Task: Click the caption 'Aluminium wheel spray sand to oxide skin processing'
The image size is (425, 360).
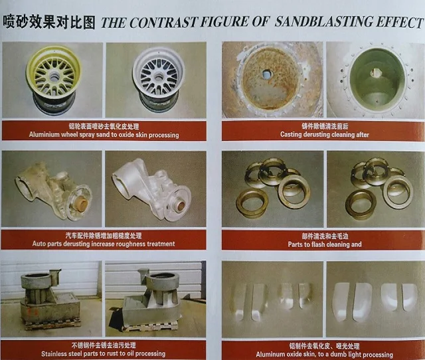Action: click(104, 135)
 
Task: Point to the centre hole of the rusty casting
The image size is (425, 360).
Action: click(266, 74)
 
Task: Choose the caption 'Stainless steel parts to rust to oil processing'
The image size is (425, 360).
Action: click(105, 353)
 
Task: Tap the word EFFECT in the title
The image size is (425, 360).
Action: click(400, 23)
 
